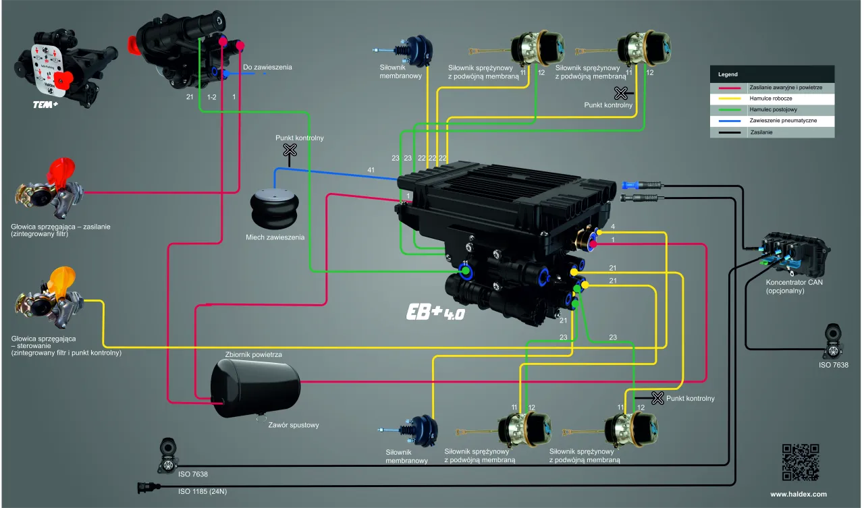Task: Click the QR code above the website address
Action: tap(800, 462)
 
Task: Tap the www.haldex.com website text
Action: tap(799, 495)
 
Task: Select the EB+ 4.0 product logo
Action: tap(436, 312)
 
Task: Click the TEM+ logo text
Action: tap(47, 105)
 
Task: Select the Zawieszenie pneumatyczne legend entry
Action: tap(783, 121)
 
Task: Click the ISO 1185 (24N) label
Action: tap(202, 491)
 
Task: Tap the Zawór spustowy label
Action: tap(294, 425)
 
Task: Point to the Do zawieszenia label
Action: tap(267, 67)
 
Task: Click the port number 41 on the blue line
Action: tap(371, 170)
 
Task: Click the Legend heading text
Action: tap(728, 74)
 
